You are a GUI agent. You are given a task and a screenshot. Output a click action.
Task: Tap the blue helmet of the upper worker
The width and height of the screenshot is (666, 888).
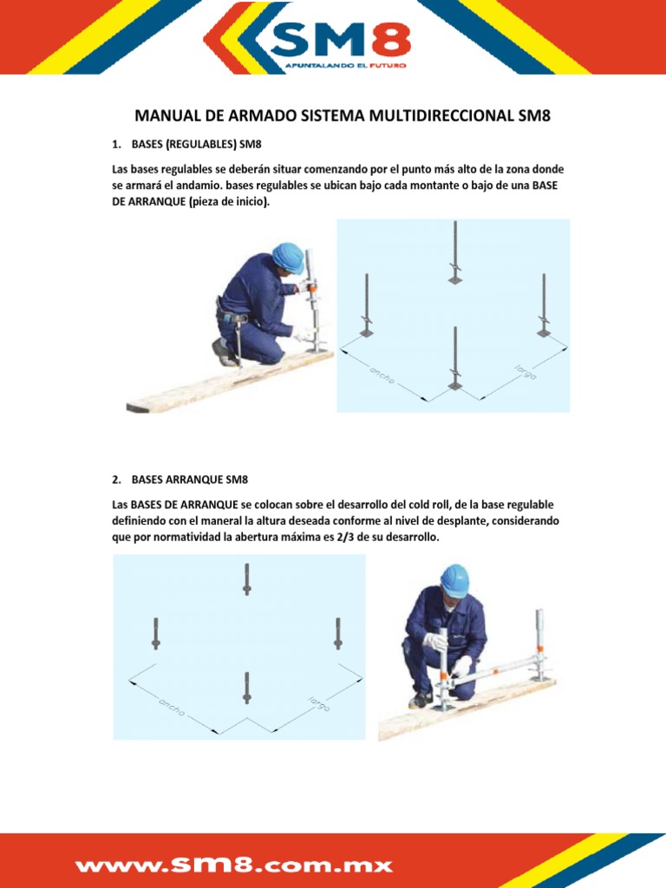(288, 257)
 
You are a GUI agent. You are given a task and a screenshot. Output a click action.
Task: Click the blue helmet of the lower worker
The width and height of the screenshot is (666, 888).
(454, 579)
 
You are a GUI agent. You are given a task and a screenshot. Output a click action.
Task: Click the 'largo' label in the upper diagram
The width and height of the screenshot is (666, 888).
(525, 372)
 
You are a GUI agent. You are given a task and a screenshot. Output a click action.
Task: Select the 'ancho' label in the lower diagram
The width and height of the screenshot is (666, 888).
(171, 706)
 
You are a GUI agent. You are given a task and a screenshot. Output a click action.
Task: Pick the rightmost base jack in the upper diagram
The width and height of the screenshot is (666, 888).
(544, 304)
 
